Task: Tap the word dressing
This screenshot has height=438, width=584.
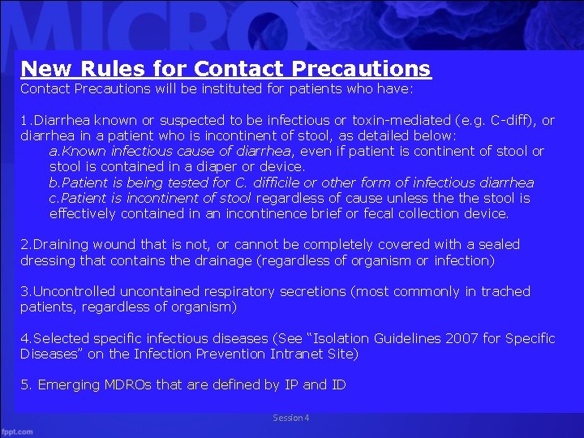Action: click(46, 260)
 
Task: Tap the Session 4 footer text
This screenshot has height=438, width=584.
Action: click(291, 418)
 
